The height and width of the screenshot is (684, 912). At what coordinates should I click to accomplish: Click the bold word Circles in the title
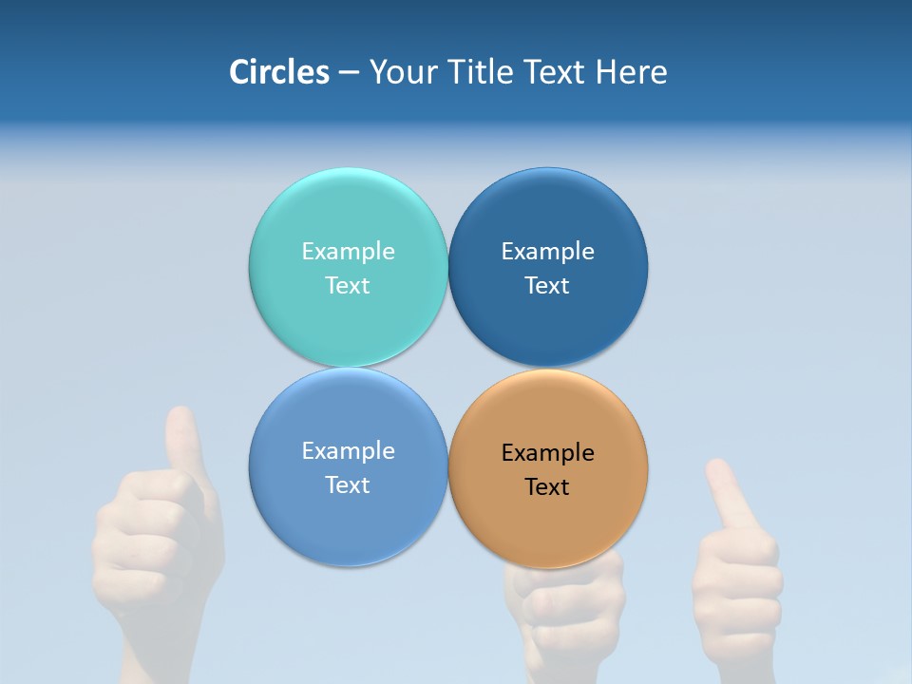(x=279, y=72)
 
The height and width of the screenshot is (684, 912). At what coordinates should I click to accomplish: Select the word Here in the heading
(x=632, y=72)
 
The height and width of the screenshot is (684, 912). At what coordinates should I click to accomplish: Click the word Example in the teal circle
(x=348, y=252)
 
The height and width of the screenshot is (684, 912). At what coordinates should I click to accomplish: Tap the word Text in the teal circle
(x=348, y=286)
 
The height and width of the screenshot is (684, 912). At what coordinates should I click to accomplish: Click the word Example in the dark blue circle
(x=548, y=252)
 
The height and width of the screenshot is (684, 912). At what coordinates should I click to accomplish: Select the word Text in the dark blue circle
(x=548, y=286)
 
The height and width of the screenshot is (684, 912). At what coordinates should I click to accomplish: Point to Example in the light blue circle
(x=348, y=451)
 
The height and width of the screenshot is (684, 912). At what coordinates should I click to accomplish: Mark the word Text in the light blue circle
(x=348, y=485)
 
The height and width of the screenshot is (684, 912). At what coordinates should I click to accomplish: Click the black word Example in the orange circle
(x=548, y=453)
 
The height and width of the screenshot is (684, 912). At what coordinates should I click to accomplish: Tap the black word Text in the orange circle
(x=548, y=487)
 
